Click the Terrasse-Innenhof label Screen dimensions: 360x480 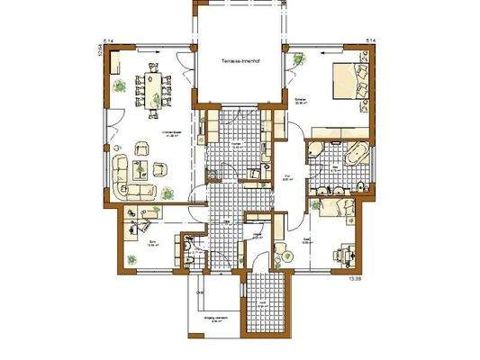(240, 61)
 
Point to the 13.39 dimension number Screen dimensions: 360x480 (367, 279)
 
